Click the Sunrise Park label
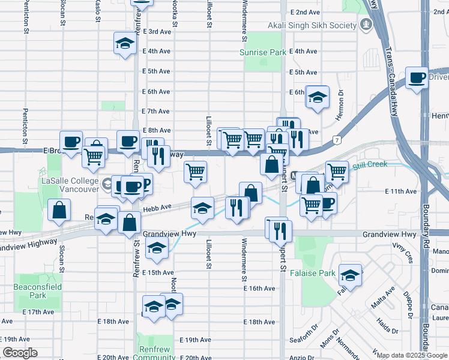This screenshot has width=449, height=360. pos(263,53)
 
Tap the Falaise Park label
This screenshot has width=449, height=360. pos(319,273)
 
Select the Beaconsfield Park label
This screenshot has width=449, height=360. pos(29,291)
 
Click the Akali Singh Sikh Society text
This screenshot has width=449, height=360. pos(312,25)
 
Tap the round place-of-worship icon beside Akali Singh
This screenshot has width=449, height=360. pos(366,25)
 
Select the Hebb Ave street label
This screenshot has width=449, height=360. pos(157,207)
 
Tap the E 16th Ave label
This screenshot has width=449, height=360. pos(259,289)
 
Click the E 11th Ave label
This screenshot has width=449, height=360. pos(400,191)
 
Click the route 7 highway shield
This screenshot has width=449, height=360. pos(338,140)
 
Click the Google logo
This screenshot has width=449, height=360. pos(20,353)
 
